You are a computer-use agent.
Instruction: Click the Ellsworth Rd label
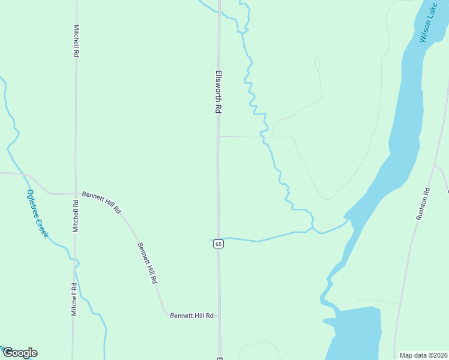[x=218, y=92]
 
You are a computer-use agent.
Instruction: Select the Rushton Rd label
[x=423, y=204]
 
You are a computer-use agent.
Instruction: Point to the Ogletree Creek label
[x=37, y=214]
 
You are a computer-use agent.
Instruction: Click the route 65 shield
[x=218, y=244]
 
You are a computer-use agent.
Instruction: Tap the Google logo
[x=20, y=353]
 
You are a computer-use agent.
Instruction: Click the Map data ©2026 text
[x=423, y=355]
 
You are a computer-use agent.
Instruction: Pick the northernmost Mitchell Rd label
[x=76, y=41]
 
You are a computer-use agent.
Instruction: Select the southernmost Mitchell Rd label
[x=74, y=299]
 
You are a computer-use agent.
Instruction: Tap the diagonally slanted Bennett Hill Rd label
[x=147, y=263]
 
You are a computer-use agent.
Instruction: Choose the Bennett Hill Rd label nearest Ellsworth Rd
[x=191, y=315]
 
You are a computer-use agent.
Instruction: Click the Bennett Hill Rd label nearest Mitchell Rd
[x=101, y=202]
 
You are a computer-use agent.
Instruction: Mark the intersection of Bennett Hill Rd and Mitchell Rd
[x=76, y=193]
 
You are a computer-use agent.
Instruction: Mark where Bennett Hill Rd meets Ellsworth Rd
[x=218, y=314]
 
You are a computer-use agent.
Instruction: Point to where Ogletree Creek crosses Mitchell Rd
[x=75, y=260]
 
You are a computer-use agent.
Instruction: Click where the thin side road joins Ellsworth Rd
[x=218, y=136]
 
